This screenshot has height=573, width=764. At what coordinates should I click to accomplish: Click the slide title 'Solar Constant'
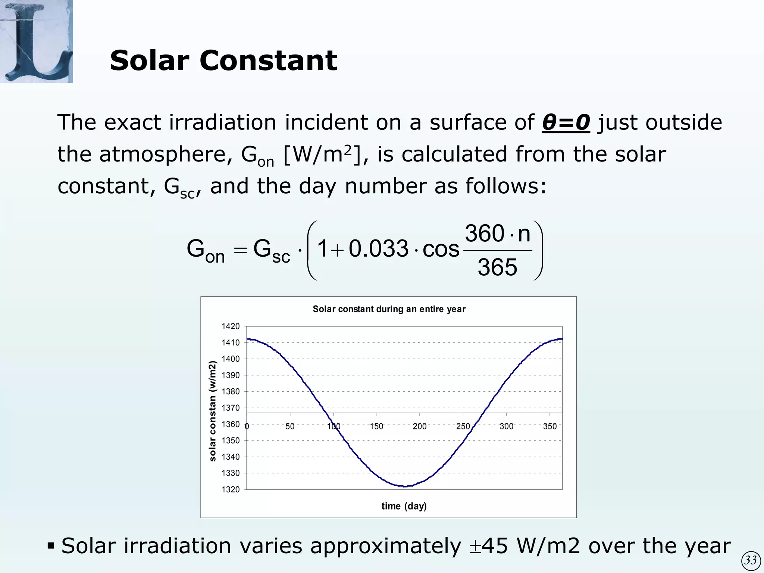click(223, 60)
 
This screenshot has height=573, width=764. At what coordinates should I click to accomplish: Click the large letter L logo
click(36, 41)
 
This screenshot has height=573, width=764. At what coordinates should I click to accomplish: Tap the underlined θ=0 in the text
click(566, 122)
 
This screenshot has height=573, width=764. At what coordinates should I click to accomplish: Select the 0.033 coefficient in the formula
click(378, 249)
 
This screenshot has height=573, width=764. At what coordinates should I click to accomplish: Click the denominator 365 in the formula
click(497, 267)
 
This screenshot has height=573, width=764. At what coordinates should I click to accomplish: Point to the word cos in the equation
click(441, 249)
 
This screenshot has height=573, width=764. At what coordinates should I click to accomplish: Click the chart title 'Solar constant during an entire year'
click(389, 309)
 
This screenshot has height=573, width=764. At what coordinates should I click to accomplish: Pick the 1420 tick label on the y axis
click(231, 326)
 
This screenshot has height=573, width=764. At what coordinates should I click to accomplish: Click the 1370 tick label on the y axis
click(231, 408)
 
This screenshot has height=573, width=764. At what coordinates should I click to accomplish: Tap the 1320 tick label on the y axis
click(231, 489)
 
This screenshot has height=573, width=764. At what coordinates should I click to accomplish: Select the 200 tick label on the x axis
click(420, 426)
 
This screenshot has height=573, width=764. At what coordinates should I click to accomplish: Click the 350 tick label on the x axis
click(549, 426)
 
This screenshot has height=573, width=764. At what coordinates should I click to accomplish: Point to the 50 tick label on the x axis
click(290, 426)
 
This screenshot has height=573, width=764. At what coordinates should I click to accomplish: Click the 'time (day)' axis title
click(404, 506)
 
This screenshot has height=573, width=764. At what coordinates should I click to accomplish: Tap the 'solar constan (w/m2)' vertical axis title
click(213, 411)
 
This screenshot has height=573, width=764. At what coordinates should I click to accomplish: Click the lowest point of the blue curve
click(406, 486)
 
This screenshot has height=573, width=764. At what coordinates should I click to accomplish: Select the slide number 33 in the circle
click(751, 560)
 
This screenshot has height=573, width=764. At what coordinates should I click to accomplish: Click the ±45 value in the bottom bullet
click(489, 547)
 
